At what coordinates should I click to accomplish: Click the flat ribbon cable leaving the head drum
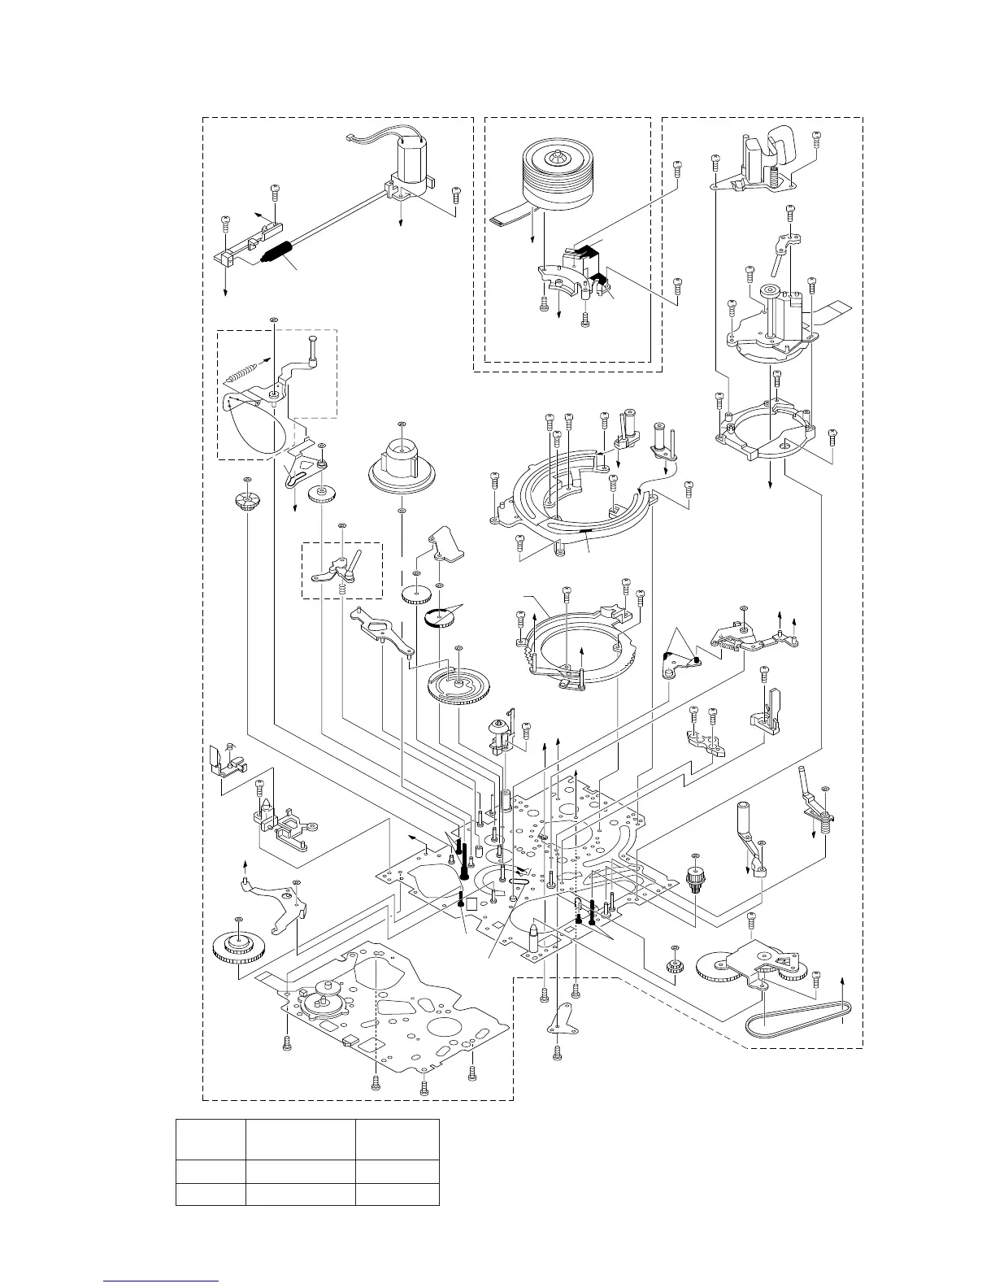[x=508, y=217]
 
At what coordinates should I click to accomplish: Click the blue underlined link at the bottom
[x=163, y=1279]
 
